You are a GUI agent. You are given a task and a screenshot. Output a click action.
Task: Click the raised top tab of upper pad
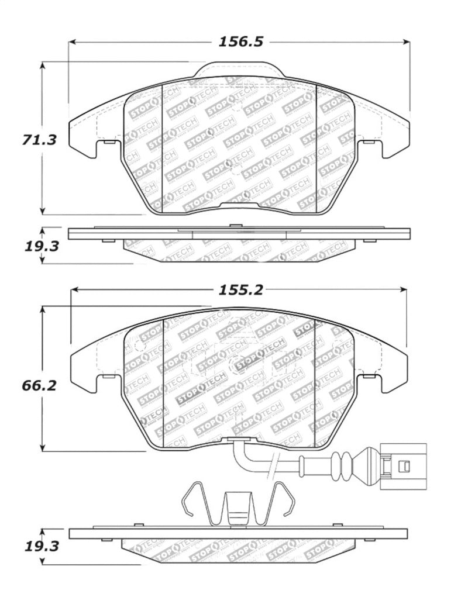pyautogui.click(x=239, y=70)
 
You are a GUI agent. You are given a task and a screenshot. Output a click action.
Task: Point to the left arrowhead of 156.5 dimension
pyautogui.click(x=73, y=42)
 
